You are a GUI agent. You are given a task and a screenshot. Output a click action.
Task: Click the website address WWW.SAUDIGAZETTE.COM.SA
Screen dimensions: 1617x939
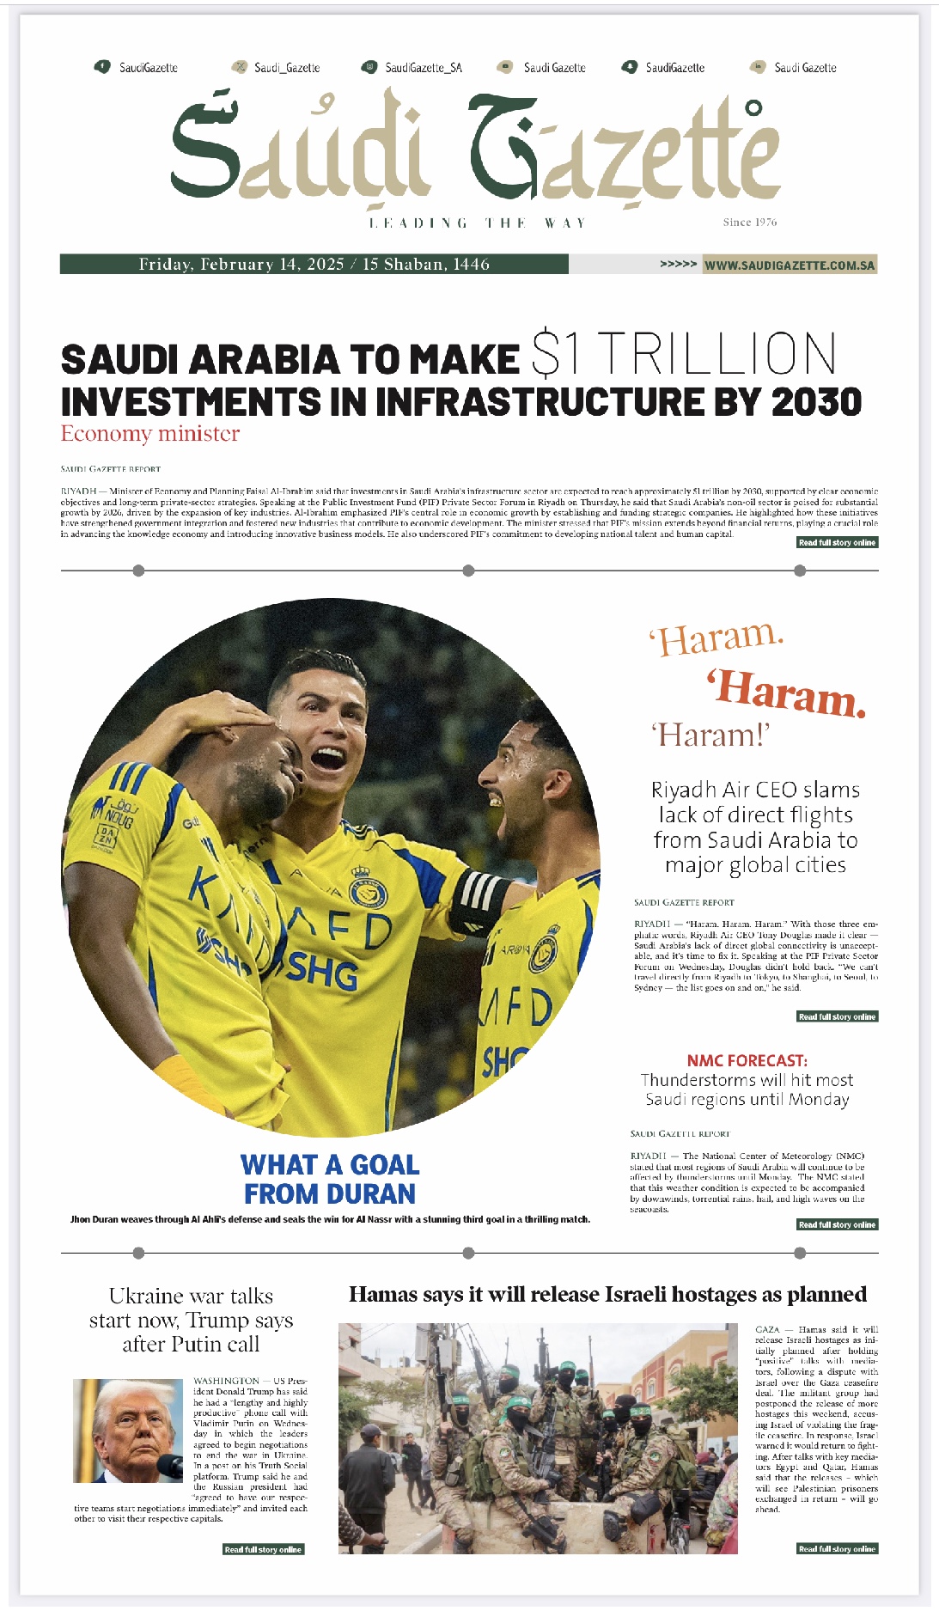790,265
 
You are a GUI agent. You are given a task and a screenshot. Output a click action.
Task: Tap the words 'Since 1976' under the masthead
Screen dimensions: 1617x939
749,223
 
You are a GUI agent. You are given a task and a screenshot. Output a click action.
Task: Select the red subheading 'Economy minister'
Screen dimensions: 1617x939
150,434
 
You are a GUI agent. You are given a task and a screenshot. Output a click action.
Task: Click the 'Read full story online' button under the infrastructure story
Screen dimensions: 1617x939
837,543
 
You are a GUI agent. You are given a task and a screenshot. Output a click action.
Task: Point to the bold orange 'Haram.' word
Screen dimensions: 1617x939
787,693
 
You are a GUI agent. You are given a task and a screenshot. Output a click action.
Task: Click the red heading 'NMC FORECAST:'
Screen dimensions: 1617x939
747,1060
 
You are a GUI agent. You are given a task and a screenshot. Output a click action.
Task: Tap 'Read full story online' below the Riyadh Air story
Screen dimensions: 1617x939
837,1016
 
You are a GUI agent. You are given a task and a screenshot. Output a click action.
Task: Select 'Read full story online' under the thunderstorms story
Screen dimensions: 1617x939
837,1224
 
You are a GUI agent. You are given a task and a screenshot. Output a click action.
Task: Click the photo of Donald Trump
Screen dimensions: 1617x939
128,1431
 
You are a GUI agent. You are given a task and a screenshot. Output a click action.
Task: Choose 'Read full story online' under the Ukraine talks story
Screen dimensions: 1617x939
264,1549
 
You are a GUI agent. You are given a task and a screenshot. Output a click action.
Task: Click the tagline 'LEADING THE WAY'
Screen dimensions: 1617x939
478,223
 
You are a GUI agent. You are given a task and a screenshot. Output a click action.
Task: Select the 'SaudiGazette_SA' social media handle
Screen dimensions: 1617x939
423,68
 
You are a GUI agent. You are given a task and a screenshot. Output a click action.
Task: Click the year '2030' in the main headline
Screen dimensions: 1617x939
816,402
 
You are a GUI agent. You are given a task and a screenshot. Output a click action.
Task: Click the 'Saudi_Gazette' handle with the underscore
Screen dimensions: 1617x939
287,68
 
